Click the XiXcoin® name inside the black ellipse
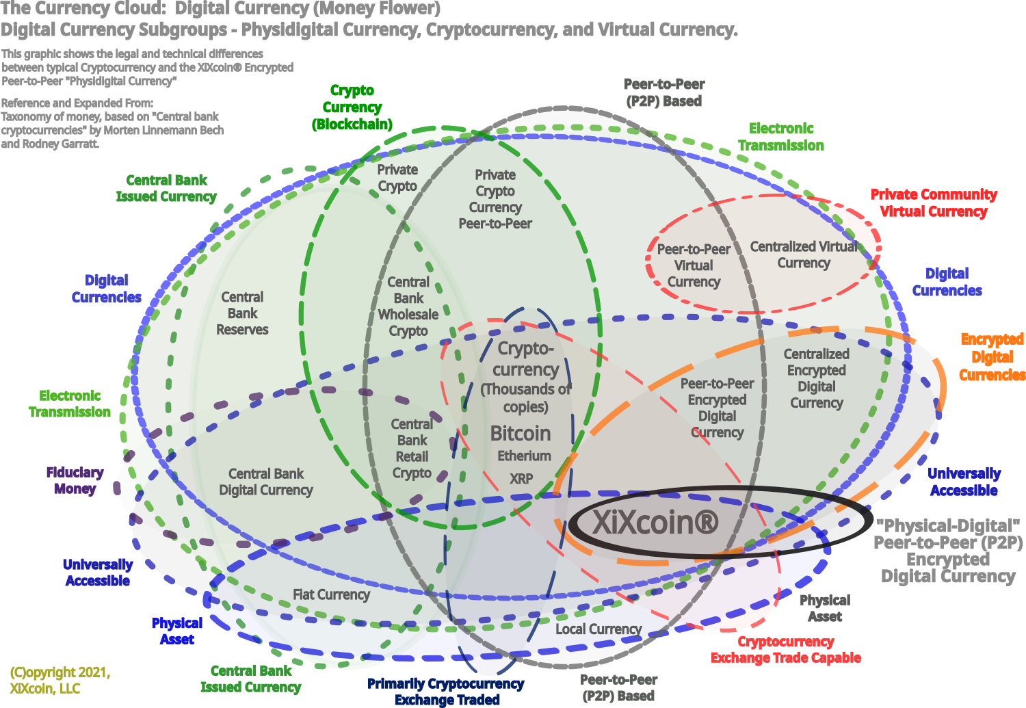[655, 523]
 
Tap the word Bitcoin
[521, 434]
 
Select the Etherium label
[524, 456]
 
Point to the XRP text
[521, 479]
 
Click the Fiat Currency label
[331, 594]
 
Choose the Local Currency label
[598, 629]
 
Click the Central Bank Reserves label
[242, 313]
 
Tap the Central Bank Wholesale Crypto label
[408, 306]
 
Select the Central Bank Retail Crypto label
[412, 449]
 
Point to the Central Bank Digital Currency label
[266, 482]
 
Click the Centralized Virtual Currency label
[804, 254]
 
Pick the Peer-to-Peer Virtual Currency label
[694, 265]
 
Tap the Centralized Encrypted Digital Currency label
[816, 378]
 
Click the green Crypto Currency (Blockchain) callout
[352, 107]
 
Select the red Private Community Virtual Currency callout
[934, 203]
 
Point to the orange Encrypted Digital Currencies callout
[992, 357]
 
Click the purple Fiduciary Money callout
[75, 480]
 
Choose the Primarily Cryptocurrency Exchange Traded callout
[447, 692]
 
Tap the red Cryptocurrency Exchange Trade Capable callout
[786, 650]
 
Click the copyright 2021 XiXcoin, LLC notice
[60, 680]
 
